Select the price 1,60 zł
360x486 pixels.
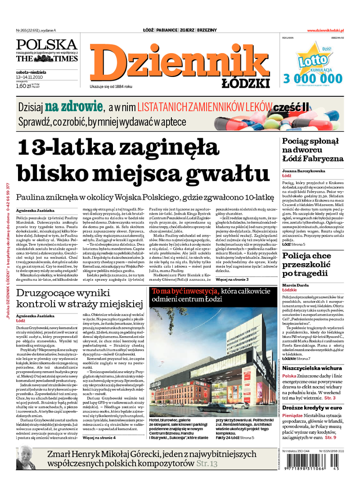point(24,85)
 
